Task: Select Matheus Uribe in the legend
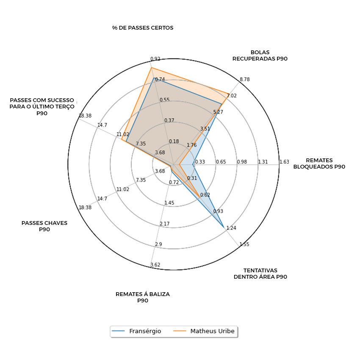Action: (x=212, y=331)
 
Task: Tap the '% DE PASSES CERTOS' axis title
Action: (x=143, y=28)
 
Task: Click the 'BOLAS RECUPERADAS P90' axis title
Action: (x=260, y=55)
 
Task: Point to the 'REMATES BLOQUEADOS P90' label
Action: (x=319, y=163)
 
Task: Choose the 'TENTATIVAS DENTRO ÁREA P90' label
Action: (x=260, y=274)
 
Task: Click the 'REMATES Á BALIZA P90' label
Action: (x=142, y=297)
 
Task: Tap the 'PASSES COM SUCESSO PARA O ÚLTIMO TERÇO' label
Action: (x=42, y=106)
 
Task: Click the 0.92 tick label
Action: (x=155, y=59)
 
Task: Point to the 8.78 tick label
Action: (x=244, y=79)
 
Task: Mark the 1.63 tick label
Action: (x=284, y=162)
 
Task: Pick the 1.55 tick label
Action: (x=244, y=244)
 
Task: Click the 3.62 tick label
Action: (x=155, y=265)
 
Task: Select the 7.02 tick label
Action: (x=232, y=96)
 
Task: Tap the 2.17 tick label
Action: (x=164, y=224)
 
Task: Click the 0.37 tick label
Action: (x=169, y=121)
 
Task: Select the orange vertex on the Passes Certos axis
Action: (x=152, y=68)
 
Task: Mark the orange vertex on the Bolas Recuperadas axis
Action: (x=230, y=92)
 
